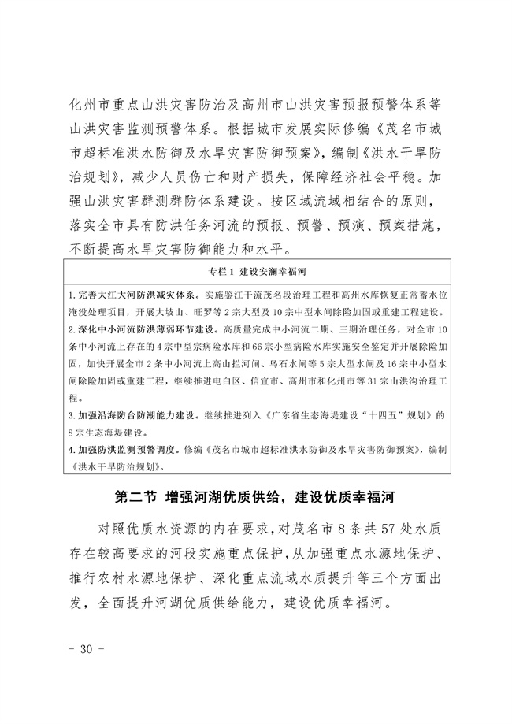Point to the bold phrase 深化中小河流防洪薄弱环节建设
point(138,347)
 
